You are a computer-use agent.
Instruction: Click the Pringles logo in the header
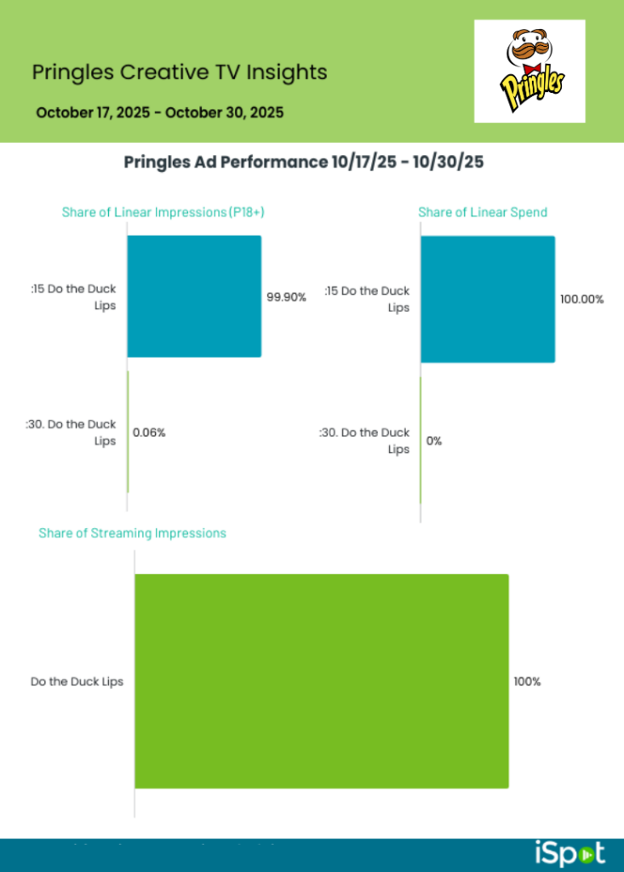[x=530, y=72]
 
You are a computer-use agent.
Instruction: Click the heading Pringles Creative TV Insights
[x=179, y=72]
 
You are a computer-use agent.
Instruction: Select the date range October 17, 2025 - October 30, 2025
[x=160, y=112]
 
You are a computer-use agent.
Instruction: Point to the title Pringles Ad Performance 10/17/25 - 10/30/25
[x=304, y=162]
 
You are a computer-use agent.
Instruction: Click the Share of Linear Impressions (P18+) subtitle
[x=163, y=212]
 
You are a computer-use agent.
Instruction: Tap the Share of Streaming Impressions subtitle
[x=132, y=533]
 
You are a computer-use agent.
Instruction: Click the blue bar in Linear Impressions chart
[x=194, y=295]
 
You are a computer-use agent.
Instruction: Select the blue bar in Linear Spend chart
[x=488, y=299]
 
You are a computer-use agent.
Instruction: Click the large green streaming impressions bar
[x=322, y=680]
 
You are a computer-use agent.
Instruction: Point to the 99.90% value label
[x=286, y=297]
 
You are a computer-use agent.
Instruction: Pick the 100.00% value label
[x=581, y=300]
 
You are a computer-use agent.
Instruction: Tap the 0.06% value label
[x=149, y=433]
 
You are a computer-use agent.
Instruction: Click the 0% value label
[x=434, y=441]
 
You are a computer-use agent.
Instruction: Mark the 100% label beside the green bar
[x=527, y=681]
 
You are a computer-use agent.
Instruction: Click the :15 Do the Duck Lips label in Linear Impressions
[x=74, y=296]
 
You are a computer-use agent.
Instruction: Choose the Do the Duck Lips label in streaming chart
[x=77, y=681]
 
